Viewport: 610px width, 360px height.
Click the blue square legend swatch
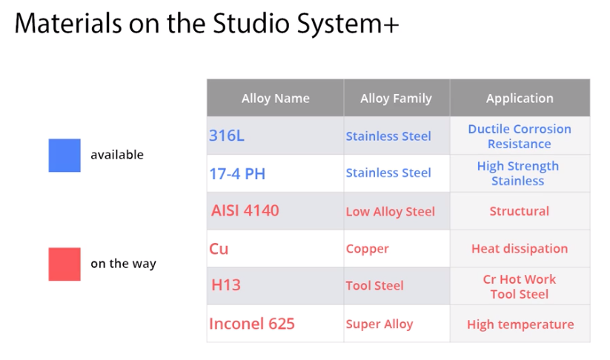pyautogui.click(x=64, y=155)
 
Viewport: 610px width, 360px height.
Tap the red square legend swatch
pyautogui.click(x=64, y=264)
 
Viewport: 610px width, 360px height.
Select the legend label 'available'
pyautogui.click(x=117, y=155)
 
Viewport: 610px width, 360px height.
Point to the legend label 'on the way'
pyautogui.click(x=123, y=264)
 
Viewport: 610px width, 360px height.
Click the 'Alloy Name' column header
pyautogui.click(x=276, y=99)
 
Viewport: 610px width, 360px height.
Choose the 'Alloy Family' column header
pyautogui.click(x=396, y=99)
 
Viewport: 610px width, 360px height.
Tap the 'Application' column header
pyautogui.click(x=520, y=99)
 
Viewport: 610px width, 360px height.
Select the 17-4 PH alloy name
pyautogui.click(x=237, y=174)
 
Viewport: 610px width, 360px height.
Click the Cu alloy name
pyautogui.click(x=219, y=249)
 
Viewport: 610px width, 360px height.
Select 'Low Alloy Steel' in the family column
pyautogui.click(x=390, y=212)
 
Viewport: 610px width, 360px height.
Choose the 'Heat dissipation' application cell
pyautogui.click(x=520, y=249)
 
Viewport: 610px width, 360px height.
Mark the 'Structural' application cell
pyautogui.click(x=520, y=211)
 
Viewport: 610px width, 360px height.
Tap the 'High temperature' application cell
pyautogui.click(x=520, y=324)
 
